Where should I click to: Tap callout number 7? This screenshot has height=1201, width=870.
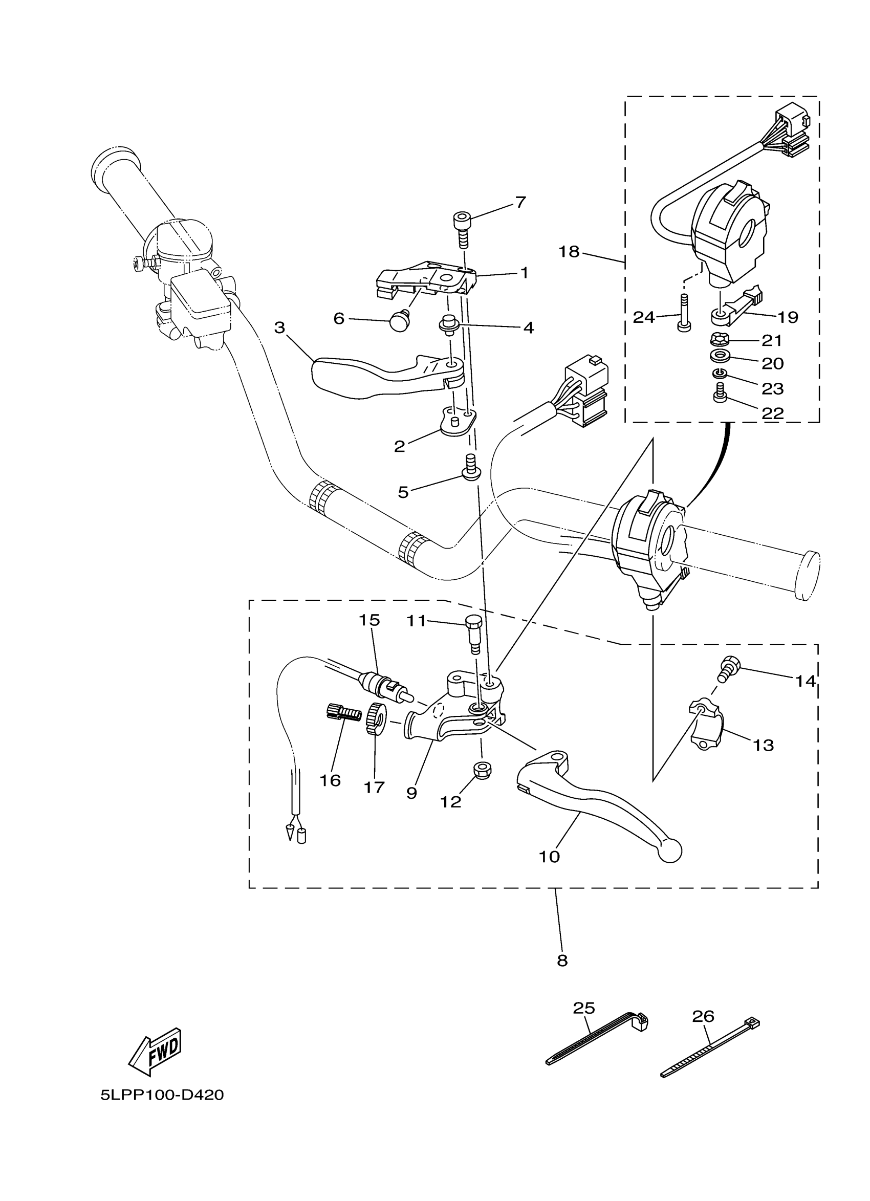coord(520,202)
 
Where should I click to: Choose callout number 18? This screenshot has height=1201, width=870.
coord(569,251)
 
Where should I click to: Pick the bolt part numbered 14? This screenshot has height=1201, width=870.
coord(728,668)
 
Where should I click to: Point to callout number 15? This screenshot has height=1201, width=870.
coord(369,620)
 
